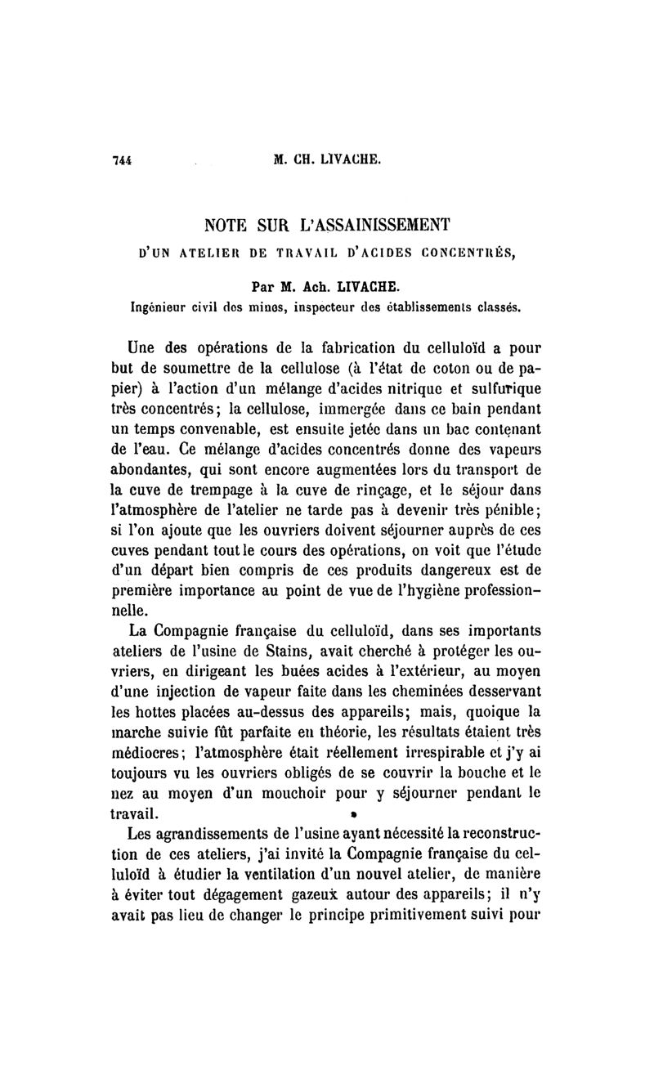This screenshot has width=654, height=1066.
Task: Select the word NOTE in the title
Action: click(x=231, y=223)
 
